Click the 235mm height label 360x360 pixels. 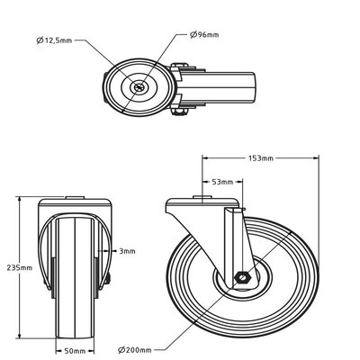coord(18,268)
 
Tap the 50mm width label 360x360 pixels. coord(76,350)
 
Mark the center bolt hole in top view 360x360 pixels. coord(139,87)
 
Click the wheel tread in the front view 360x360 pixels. coord(76,270)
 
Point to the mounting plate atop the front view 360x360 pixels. coord(76,198)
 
